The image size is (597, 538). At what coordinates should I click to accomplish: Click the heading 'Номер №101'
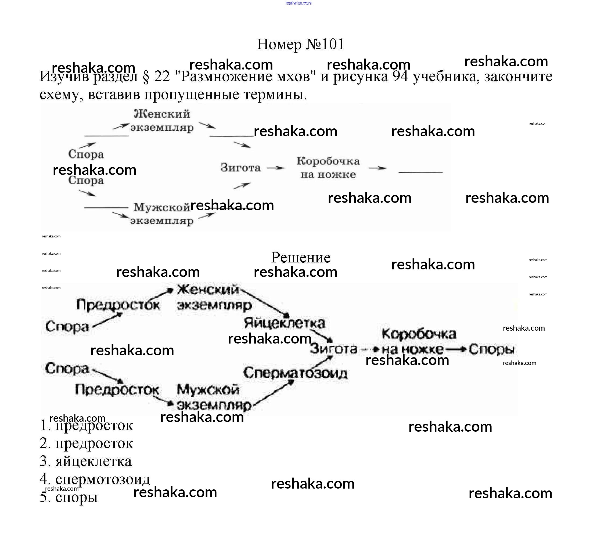(x=300, y=44)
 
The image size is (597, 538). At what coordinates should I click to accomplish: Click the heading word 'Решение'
(x=300, y=258)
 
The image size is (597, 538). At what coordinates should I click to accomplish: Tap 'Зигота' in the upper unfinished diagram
(x=240, y=168)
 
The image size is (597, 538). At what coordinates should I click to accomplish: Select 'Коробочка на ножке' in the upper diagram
(x=328, y=168)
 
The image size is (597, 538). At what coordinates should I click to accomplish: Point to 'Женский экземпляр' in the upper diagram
(x=162, y=121)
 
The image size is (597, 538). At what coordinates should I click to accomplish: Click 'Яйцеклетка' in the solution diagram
(x=284, y=323)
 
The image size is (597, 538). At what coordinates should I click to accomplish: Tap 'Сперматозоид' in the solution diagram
(x=295, y=373)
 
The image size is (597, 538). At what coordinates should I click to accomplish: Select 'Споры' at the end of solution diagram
(x=491, y=349)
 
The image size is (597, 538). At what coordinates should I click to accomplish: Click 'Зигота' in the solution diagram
(x=333, y=349)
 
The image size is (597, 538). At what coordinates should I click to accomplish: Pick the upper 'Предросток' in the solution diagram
(x=118, y=305)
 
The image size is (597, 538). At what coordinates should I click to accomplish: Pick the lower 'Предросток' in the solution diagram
(x=117, y=390)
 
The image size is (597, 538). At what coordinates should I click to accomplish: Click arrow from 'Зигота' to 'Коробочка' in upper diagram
(x=275, y=168)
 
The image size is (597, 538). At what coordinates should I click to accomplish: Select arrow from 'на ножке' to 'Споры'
(x=456, y=349)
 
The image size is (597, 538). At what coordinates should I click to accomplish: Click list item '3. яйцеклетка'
(x=86, y=461)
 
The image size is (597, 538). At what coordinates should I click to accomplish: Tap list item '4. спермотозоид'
(x=95, y=479)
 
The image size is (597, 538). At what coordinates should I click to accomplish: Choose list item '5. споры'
(x=69, y=497)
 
